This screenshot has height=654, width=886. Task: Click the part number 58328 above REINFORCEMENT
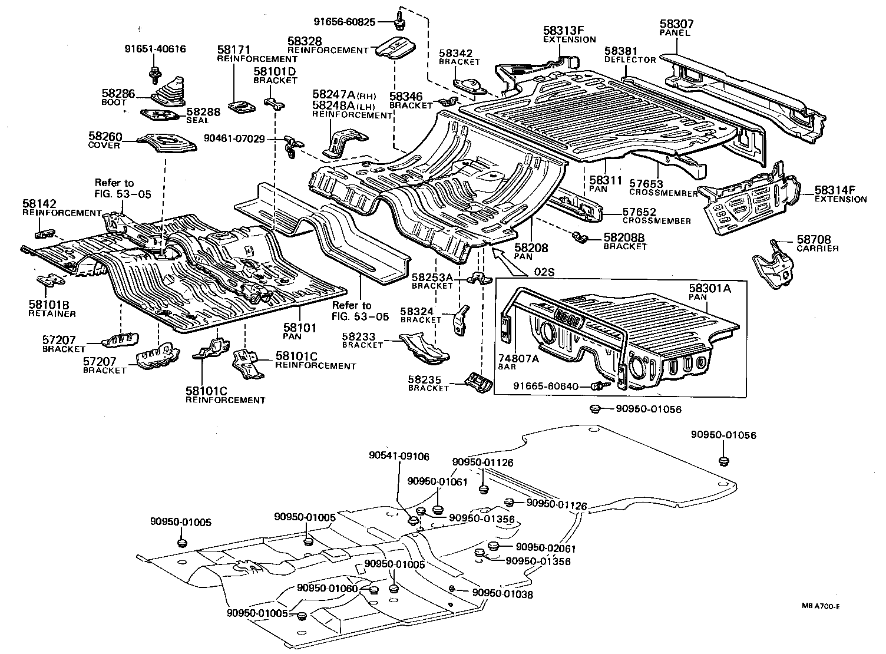pos(305,41)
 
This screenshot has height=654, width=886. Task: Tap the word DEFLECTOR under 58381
pos(630,60)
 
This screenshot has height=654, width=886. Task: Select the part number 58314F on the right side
pos(835,190)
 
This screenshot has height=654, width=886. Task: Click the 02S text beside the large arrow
pos(546,272)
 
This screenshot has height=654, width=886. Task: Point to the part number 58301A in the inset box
pos(709,289)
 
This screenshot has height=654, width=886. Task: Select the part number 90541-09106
pos(399,456)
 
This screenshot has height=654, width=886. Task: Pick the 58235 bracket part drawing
pos(477,383)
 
